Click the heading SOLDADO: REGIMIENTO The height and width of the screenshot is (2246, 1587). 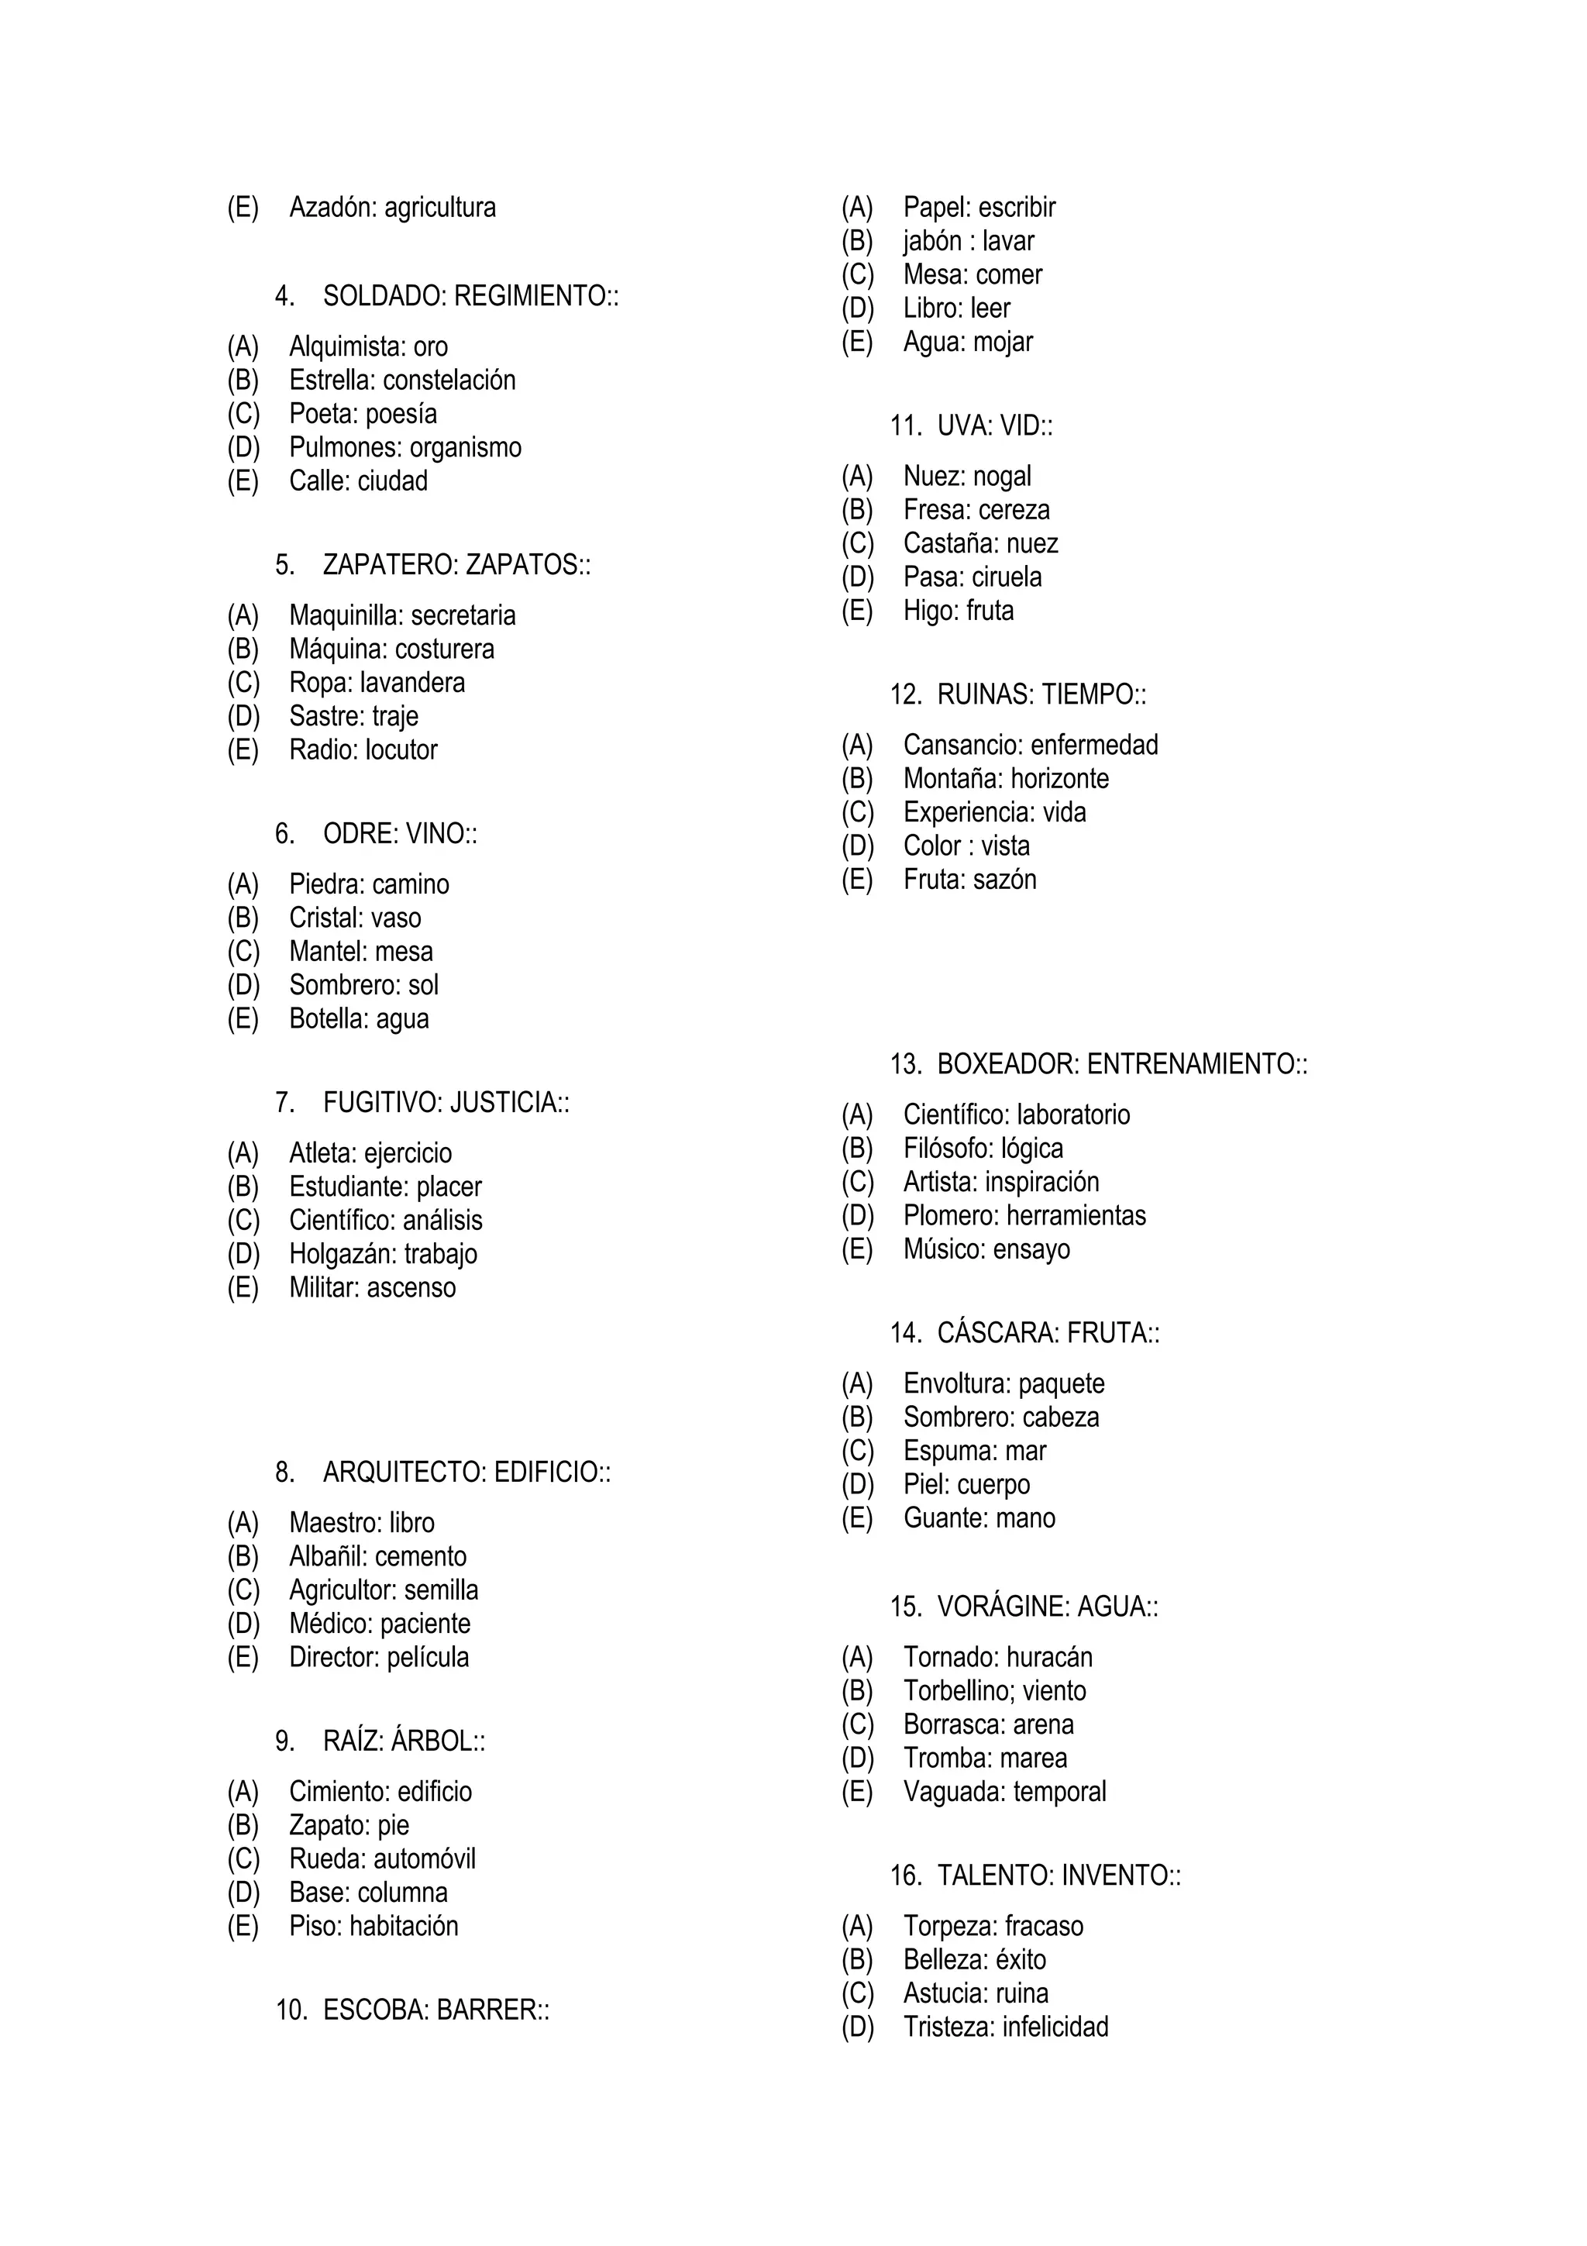(x=470, y=295)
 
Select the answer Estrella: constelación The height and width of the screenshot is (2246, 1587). (x=402, y=380)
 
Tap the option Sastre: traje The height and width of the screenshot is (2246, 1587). (x=353, y=716)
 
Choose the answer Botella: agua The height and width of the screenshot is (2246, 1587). (x=359, y=1018)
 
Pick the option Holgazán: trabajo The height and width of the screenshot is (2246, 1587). (x=382, y=1253)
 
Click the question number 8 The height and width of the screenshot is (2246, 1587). (x=284, y=1473)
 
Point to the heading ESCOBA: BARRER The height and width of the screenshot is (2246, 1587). (x=435, y=2010)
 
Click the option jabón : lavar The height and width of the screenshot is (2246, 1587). (x=968, y=240)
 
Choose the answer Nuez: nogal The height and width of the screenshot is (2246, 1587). (x=967, y=477)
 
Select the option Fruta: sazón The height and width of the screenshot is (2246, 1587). (x=969, y=880)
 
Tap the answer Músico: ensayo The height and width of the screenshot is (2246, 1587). (x=986, y=1249)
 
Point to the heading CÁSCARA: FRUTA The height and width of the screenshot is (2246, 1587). (x=1047, y=1333)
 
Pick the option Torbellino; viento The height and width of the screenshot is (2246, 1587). (x=994, y=1690)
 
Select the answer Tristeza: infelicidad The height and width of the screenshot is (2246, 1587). (x=1005, y=2026)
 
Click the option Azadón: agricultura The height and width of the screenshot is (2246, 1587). (x=392, y=208)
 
